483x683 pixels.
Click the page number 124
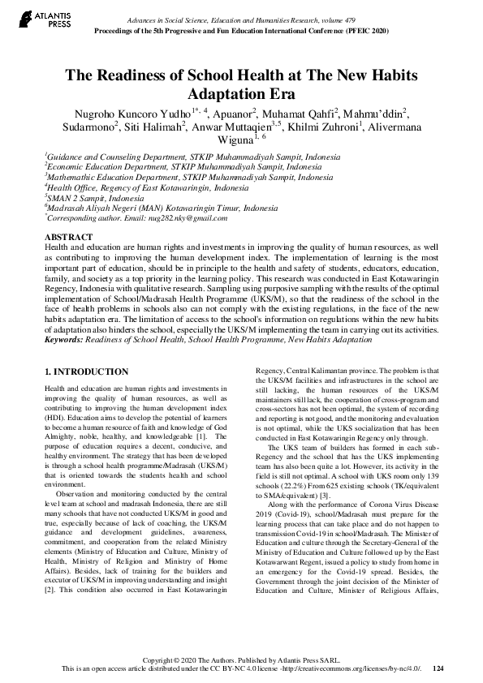(439, 668)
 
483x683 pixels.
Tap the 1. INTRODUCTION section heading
(85, 372)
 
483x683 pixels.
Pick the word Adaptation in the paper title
(231, 93)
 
